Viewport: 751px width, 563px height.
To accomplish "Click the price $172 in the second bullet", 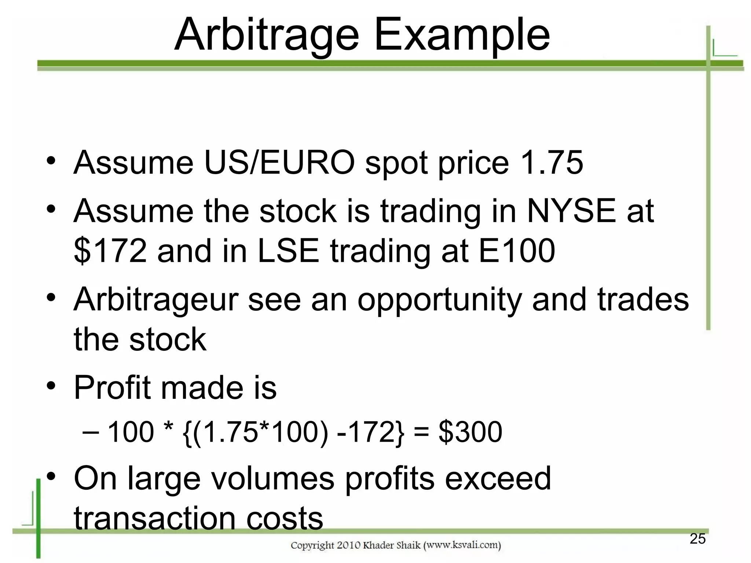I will click(x=110, y=251).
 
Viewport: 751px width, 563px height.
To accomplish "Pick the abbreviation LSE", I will click(x=288, y=251).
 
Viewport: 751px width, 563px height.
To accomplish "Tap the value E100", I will click(x=517, y=251).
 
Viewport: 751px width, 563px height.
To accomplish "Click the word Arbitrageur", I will click(x=156, y=300).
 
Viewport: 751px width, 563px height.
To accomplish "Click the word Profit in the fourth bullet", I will click(x=112, y=387).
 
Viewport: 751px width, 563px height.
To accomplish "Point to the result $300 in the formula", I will click(x=470, y=432).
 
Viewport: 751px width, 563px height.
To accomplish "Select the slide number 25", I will click(x=697, y=539).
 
